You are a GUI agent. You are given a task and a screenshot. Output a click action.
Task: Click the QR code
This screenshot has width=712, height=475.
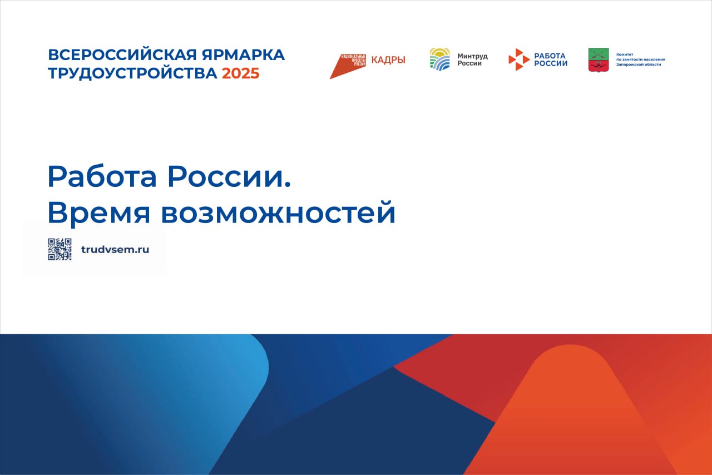[60, 249]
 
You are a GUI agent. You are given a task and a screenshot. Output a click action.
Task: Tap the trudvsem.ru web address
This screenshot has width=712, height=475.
[115, 250]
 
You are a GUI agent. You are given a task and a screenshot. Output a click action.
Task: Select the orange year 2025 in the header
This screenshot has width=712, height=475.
[241, 73]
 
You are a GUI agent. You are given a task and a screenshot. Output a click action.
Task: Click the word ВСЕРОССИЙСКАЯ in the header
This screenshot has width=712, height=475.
[123, 55]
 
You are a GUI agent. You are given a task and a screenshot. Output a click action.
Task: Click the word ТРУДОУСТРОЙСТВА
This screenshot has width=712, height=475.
[132, 73]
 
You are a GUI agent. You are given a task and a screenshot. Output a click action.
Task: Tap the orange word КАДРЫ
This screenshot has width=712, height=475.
[388, 60]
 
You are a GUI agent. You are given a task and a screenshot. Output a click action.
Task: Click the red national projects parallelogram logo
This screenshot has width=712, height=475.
[348, 66]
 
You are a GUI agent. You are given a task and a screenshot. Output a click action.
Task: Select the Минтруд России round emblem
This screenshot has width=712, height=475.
[440, 60]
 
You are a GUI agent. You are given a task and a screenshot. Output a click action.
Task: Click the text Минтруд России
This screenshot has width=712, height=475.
[472, 60]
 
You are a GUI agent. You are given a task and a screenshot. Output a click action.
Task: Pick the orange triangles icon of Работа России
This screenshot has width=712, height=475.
[519, 60]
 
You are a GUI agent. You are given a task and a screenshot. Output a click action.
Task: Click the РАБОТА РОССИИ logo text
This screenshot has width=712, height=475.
[551, 60]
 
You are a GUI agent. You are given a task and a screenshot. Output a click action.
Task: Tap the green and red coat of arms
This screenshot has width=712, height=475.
[599, 60]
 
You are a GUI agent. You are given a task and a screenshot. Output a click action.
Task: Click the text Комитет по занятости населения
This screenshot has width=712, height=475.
[640, 57]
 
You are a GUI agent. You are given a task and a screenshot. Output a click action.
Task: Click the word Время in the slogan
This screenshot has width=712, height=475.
[98, 212]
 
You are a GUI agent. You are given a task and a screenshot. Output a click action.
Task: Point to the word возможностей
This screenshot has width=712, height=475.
[279, 212]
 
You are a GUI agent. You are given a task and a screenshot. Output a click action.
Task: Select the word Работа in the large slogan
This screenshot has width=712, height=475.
[102, 176]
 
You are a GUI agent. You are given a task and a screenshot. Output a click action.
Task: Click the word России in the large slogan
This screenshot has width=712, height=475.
[229, 176]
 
